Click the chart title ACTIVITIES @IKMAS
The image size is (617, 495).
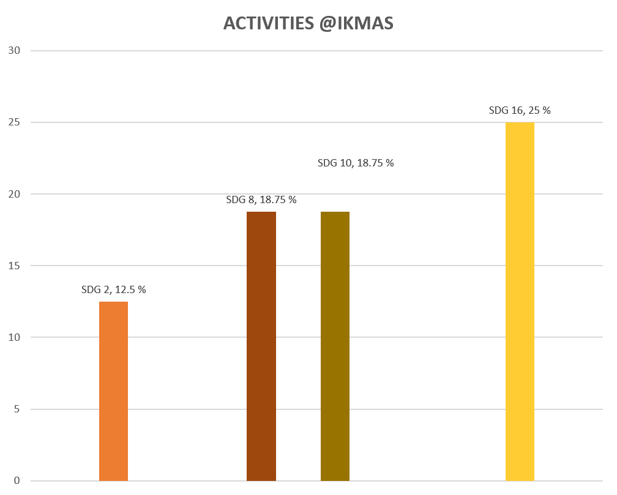(308, 23)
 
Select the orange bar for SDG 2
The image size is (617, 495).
(113, 391)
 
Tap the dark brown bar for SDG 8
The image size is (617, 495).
(261, 346)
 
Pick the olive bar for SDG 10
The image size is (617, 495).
(335, 346)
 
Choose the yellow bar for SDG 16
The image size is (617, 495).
(520, 302)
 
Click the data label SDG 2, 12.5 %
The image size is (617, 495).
(113, 290)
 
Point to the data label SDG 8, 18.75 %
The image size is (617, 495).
(261, 200)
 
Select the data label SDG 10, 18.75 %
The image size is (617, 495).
(356, 163)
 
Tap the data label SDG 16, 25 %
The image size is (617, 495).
(520, 111)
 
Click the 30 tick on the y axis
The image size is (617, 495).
(15, 51)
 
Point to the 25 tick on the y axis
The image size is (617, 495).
(15, 122)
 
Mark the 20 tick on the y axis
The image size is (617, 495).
(15, 194)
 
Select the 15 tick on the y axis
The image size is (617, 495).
(15, 266)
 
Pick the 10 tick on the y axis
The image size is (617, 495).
(15, 337)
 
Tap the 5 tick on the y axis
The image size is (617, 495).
(17, 409)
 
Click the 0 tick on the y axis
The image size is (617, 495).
(17, 480)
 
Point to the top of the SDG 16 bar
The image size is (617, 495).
(520, 123)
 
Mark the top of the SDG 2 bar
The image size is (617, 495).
(113, 302)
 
